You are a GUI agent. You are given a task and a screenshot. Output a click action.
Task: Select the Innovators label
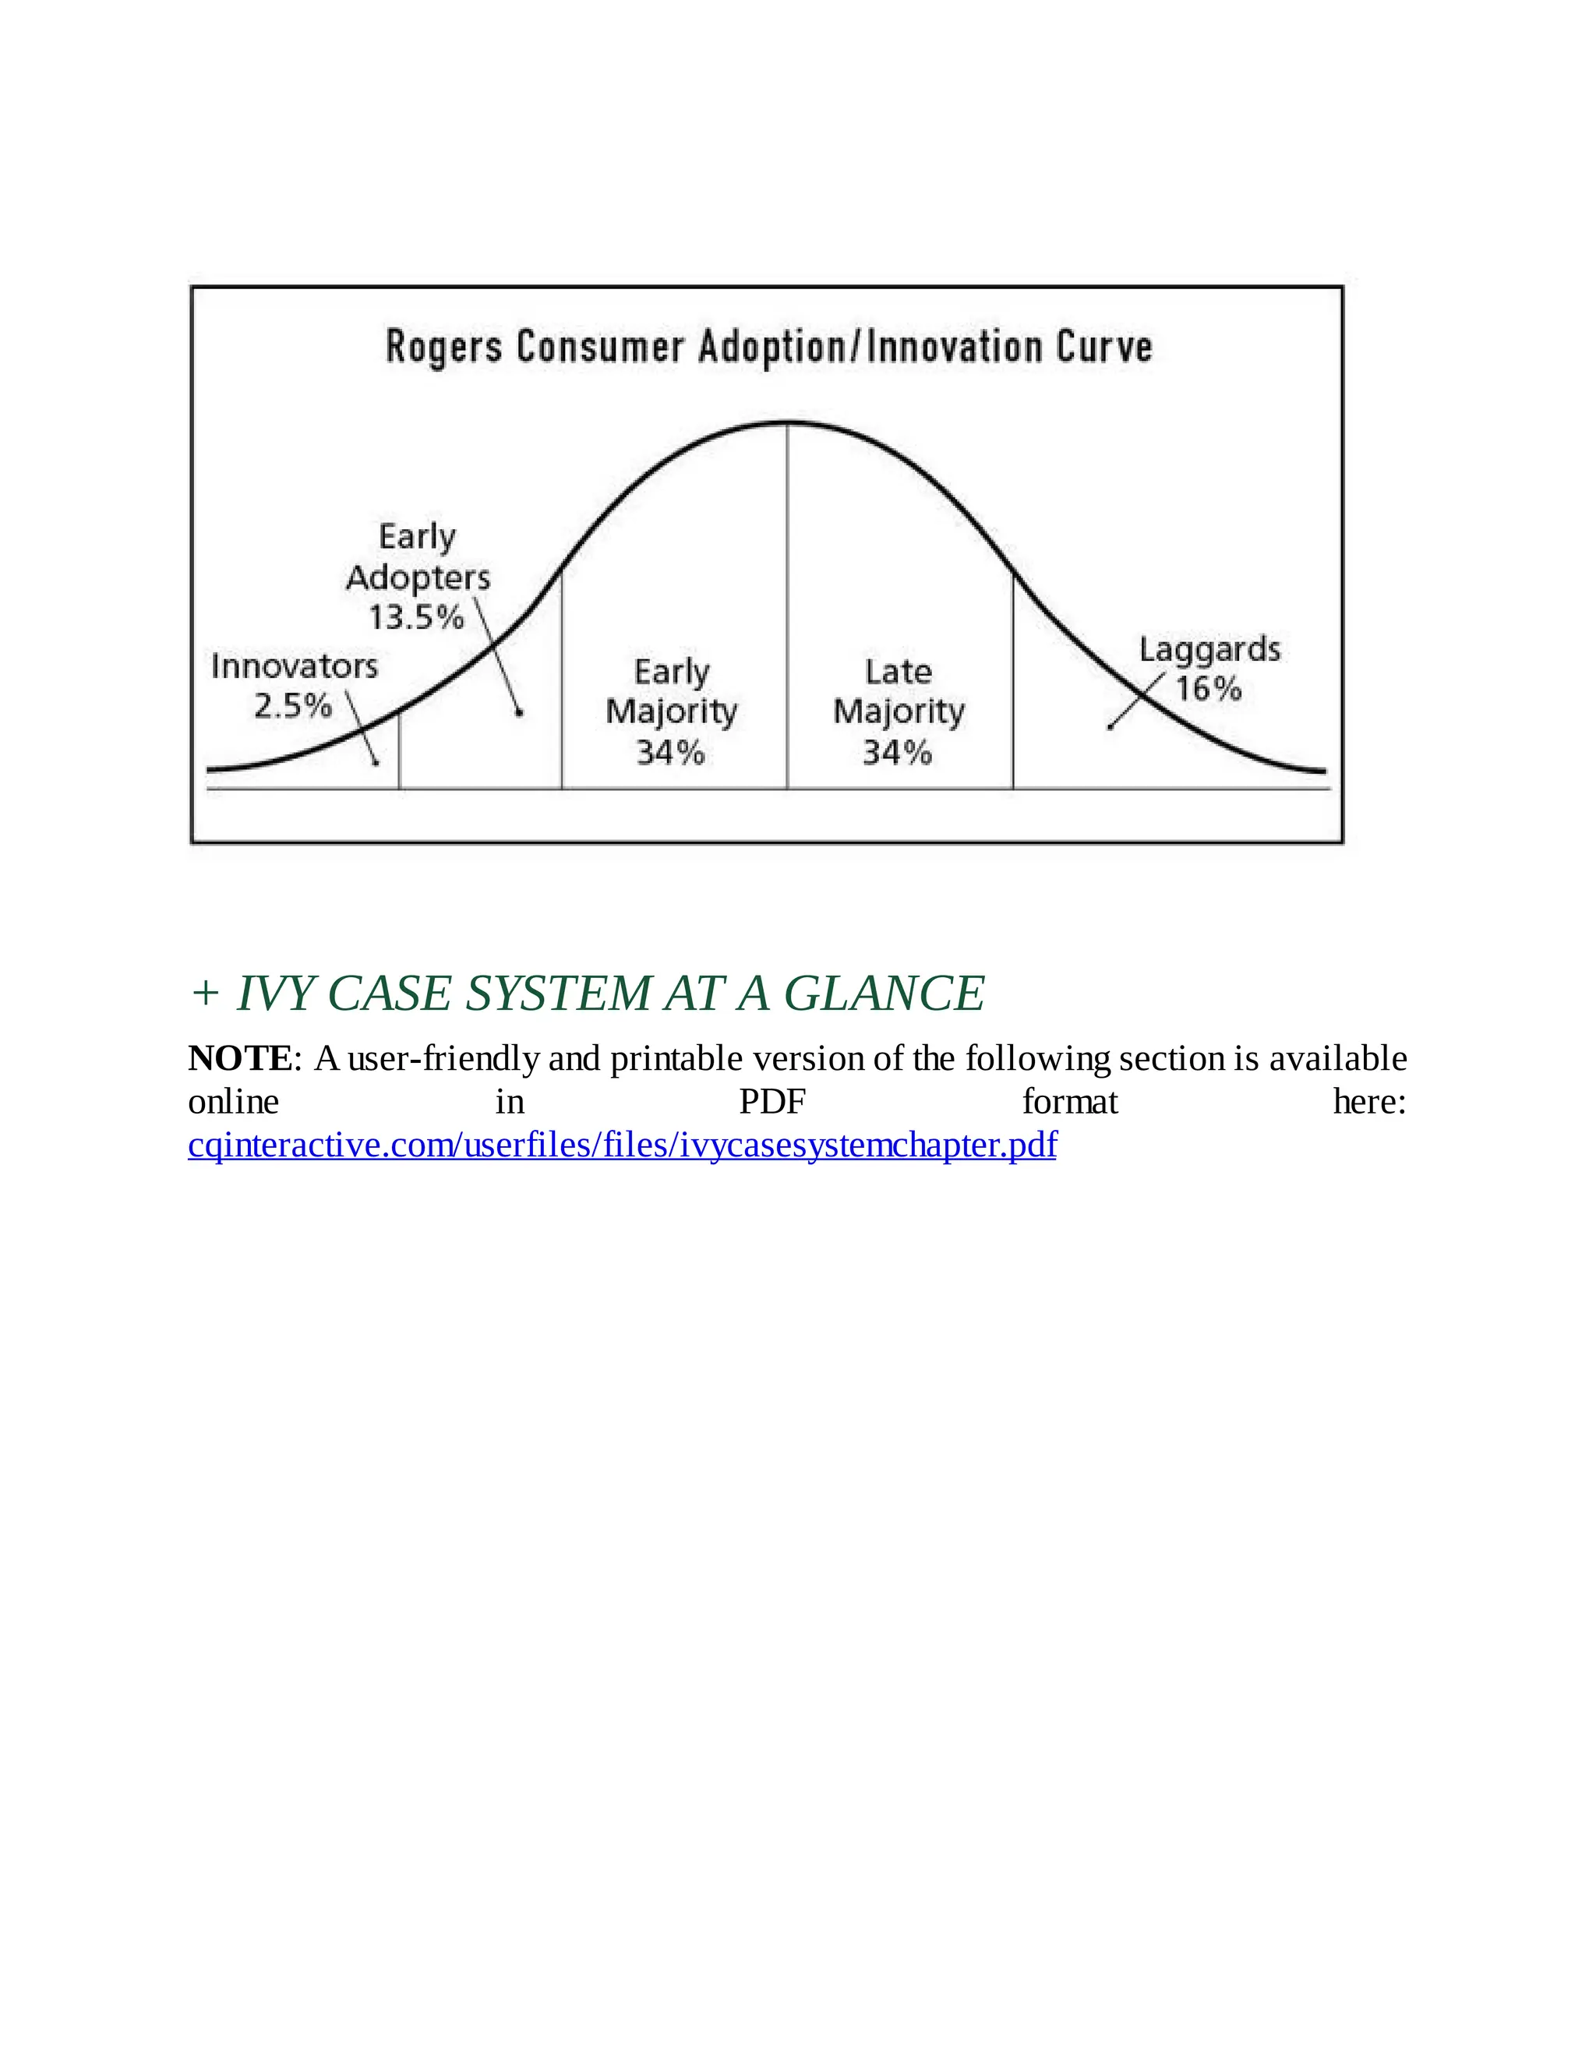click(x=294, y=666)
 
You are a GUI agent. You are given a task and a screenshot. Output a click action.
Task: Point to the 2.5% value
click(x=292, y=706)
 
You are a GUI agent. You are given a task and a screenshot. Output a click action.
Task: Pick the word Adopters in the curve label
click(x=418, y=577)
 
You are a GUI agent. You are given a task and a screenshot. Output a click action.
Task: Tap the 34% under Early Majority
click(x=670, y=754)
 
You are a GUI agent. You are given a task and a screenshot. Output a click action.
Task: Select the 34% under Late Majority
click(x=897, y=754)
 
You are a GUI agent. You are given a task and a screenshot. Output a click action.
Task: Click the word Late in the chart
click(x=899, y=672)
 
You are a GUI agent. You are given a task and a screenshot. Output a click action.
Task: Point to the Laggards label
click(x=1209, y=651)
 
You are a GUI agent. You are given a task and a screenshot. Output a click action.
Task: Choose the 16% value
click(x=1209, y=690)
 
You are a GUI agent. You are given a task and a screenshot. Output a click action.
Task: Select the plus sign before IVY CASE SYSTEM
click(x=204, y=994)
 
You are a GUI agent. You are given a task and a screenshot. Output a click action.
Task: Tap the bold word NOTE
click(x=240, y=1058)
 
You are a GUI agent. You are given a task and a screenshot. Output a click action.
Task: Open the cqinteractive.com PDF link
click(x=622, y=1145)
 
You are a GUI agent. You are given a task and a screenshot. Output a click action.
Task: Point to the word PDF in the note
click(x=772, y=1102)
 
